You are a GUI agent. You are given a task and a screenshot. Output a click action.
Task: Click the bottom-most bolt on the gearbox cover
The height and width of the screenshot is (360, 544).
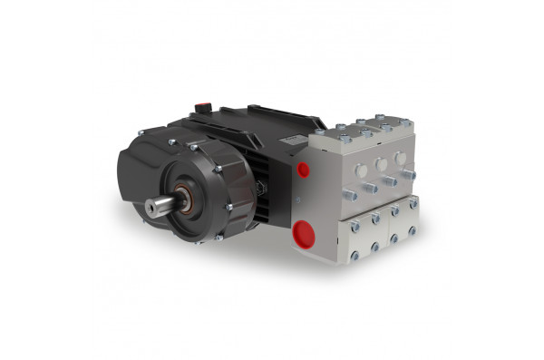[218, 238]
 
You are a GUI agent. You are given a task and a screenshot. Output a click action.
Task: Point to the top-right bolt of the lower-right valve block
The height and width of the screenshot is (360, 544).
[413, 207]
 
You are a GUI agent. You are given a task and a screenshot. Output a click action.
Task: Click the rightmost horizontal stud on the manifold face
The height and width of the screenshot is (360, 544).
[408, 174]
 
